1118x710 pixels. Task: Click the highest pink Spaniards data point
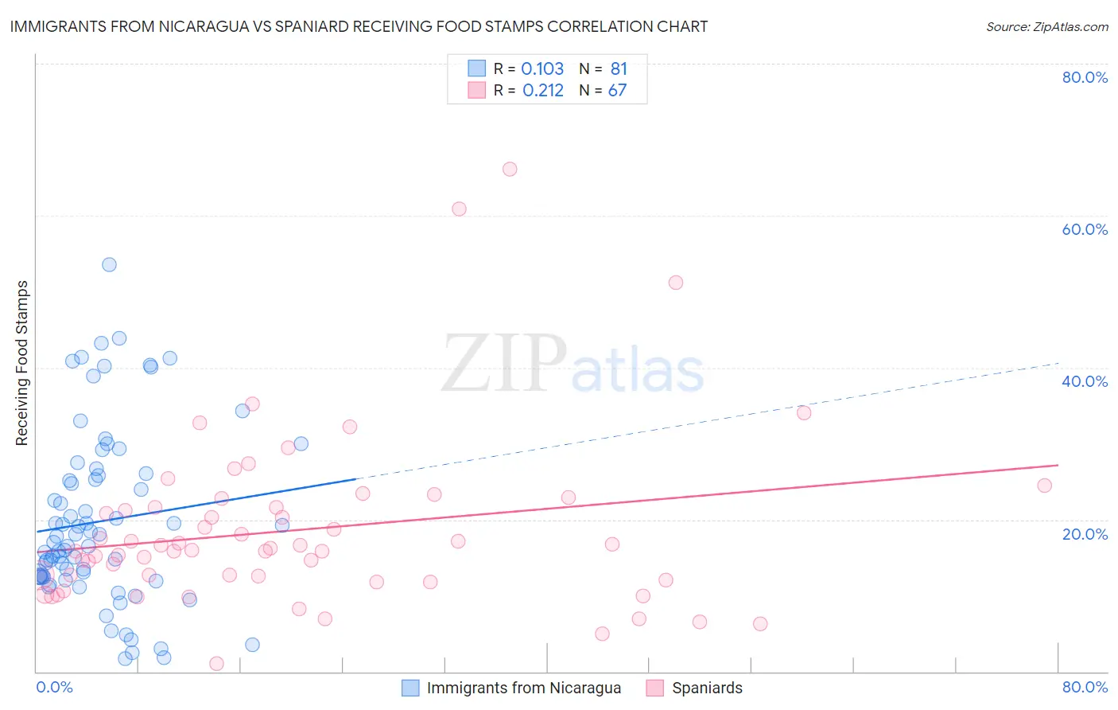[x=510, y=169]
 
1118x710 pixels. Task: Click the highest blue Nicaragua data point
[x=110, y=264]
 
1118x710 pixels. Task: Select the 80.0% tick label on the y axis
[x=1085, y=77]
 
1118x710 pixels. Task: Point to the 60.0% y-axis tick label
[x=1085, y=229]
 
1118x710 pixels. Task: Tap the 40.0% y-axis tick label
[x=1085, y=381]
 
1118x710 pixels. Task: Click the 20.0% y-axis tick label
[x=1085, y=533]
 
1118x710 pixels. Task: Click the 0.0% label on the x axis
[x=54, y=687]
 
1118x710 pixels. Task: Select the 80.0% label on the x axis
[x=1085, y=687]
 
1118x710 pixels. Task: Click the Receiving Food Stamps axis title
[x=21, y=363]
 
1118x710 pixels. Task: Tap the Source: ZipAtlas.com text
[x=1046, y=26]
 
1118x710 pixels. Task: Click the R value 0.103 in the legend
[x=542, y=68]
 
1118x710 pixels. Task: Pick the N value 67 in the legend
[x=617, y=90]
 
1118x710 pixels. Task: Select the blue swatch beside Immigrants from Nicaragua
[x=410, y=688]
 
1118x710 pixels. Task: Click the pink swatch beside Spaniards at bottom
[x=655, y=688]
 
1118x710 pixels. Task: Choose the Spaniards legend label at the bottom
[x=707, y=688]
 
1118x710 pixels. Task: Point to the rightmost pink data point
[x=1045, y=486]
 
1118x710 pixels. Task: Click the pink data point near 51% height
[x=676, y=283]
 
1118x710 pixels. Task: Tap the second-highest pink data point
[x=459, y=209]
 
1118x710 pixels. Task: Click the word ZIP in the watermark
[x=504, y=364]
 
